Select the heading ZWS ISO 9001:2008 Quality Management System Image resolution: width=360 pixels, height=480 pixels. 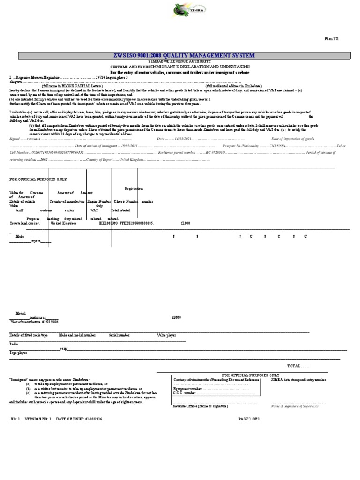tap(180, 56)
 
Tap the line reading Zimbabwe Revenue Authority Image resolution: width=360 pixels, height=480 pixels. tap(180, 61)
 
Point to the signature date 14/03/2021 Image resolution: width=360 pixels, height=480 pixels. tap(183, 139)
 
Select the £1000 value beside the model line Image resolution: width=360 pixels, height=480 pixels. tap(177, 317)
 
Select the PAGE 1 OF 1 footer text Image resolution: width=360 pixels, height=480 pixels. tap(248, 418)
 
